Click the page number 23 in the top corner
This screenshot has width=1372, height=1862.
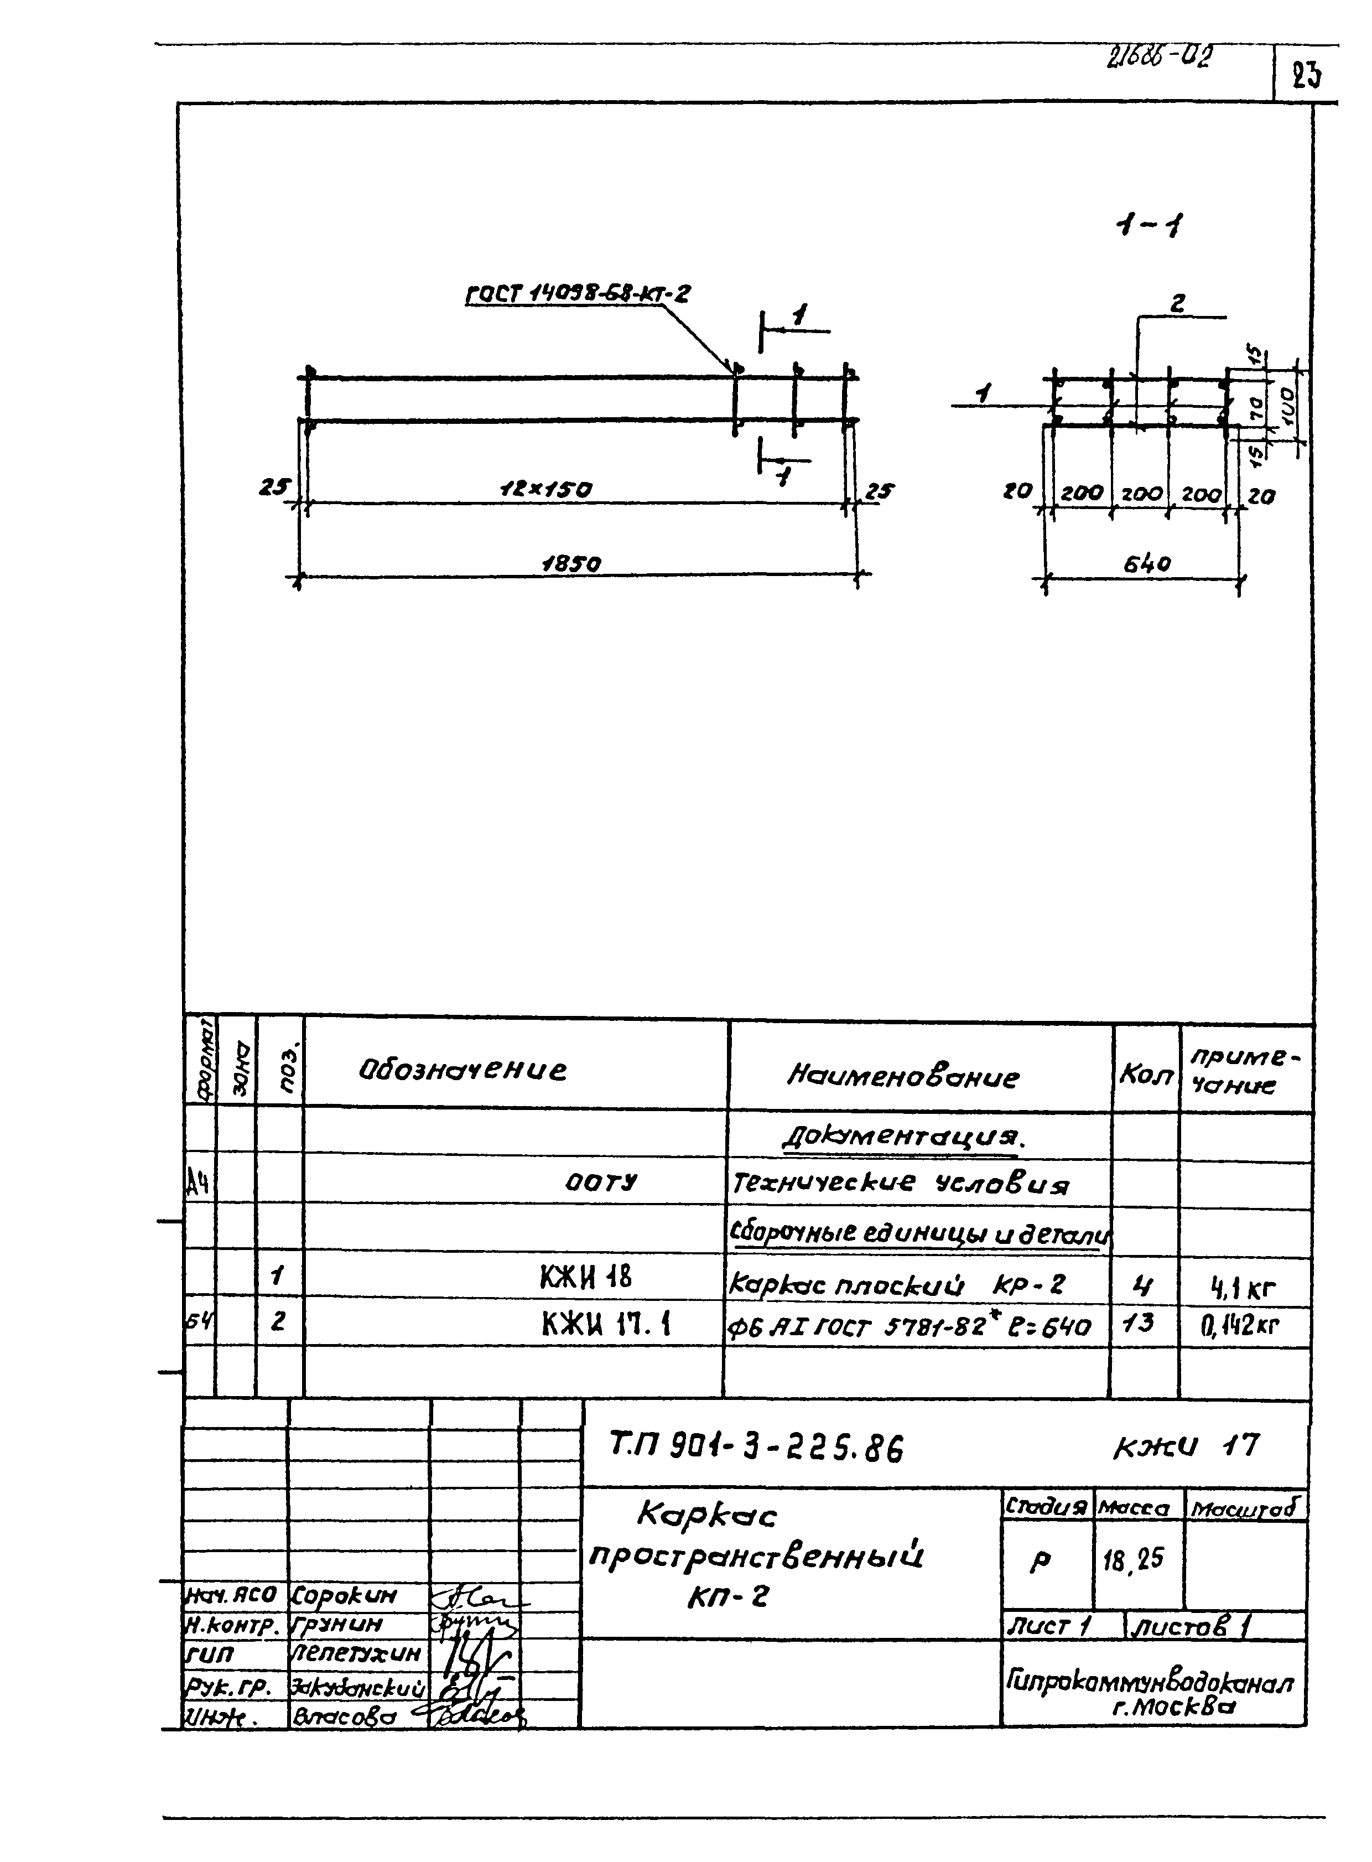1306,76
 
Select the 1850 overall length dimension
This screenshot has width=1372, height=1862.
571,564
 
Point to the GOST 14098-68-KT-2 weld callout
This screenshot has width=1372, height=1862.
577,294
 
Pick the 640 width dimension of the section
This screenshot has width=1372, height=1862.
1147,564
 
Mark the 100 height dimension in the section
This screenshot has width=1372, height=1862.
1290,407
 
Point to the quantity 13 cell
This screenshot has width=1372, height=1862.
1143,1322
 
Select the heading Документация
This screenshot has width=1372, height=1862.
903,1138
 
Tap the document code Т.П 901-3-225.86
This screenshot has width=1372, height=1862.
756,1449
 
